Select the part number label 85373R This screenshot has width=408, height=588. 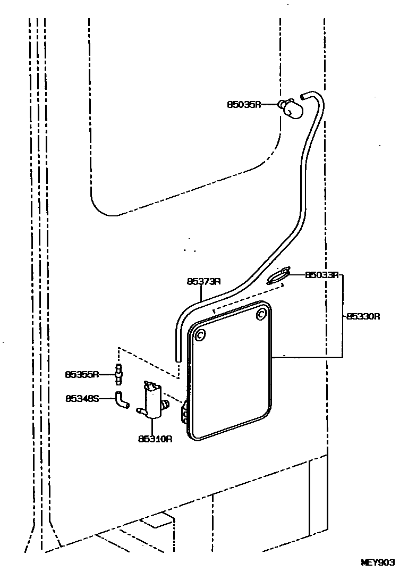[x=203, y=282]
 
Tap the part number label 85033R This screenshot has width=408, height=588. [x=322, y=275]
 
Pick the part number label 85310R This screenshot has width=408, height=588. [x=155, y=439]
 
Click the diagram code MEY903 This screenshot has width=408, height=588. [x=378, y=562]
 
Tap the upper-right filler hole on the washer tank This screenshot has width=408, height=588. [x=261, y=315]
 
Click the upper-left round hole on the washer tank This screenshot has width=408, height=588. [x=200, y=336]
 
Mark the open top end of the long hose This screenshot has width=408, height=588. [x=303, y=97]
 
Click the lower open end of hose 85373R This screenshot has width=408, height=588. [x=178, y=359]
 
